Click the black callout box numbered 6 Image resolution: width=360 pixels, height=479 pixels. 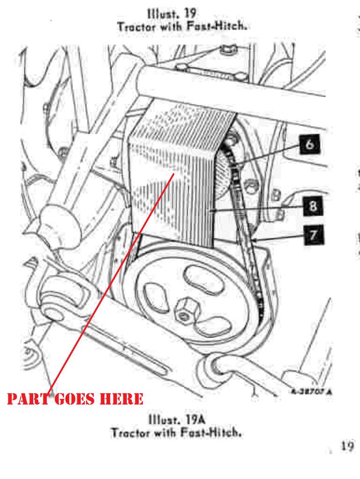309,144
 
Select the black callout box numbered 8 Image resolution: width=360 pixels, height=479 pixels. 313,206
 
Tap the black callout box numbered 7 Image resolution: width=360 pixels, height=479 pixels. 314,235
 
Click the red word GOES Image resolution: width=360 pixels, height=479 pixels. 74,399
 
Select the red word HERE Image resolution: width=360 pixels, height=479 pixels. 122,399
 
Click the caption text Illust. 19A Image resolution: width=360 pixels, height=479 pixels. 177,419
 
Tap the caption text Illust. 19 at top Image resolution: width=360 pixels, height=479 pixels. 172,14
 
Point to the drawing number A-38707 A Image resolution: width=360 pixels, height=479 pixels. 311,392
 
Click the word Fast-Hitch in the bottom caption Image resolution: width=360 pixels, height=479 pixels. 211,433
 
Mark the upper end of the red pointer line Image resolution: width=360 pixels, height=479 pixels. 174,174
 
